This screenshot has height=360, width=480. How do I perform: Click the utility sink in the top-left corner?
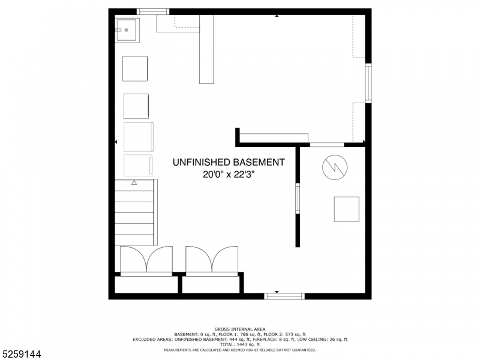tap(127, 29)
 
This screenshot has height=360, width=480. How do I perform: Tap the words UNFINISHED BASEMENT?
tap(229, 162)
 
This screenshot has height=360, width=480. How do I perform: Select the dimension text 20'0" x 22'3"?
tap(229, 175)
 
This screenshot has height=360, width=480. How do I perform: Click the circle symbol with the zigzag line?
tap(335, 167)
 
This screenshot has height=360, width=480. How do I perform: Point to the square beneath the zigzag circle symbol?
tap(346, 209)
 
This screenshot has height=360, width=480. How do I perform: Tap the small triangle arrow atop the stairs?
tap(134, 182)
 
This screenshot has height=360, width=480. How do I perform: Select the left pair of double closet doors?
tap(146, 260)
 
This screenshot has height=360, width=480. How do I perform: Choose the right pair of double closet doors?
tap(211, 260)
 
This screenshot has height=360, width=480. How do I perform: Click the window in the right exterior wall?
tap(368, 83)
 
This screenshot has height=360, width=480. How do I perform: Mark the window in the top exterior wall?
tap(153, 11)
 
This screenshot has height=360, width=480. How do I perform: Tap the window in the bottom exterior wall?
tap(284, 296)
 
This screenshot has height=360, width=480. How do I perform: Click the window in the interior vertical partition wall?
tap(298, 199)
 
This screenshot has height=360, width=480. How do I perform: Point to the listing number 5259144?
tap(21, 354)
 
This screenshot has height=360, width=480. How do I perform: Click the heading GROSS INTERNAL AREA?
tap(240, 329)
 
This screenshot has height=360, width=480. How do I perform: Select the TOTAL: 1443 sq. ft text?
tap(240, 344)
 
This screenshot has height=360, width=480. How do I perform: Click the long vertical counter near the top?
tap(206, 49)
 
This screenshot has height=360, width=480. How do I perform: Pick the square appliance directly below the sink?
tap(135, 68)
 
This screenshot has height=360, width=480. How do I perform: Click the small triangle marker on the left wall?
tap(116, 142)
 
